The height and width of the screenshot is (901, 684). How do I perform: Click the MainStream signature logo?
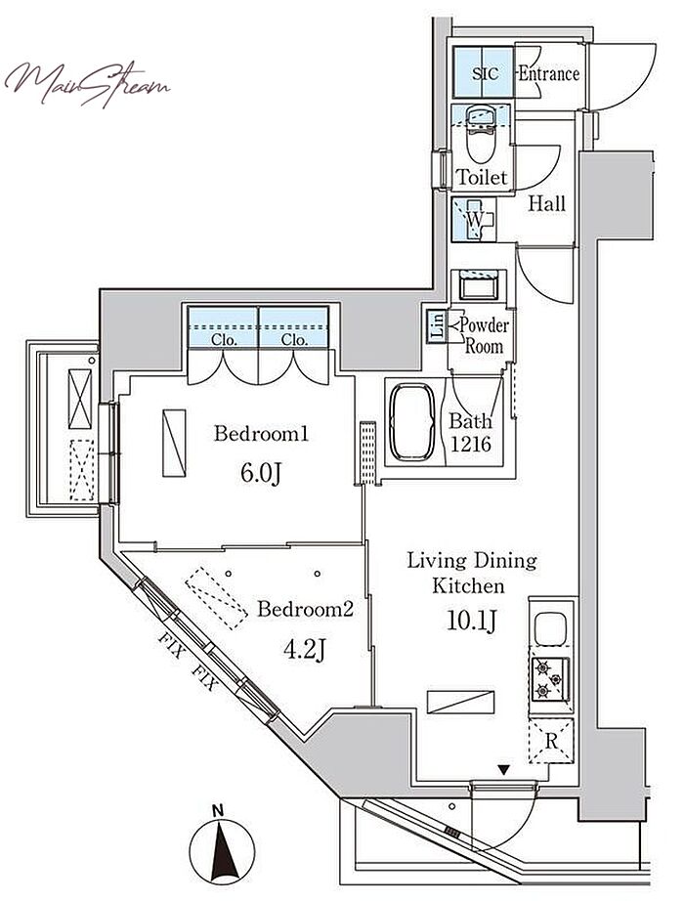tap(86, 85)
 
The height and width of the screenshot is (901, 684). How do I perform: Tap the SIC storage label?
tap(485, 73)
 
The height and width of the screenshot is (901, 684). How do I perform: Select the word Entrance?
tap(548, 73)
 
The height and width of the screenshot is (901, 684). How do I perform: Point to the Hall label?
tap(546, 203)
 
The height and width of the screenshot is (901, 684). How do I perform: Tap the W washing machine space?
tap(474, 219)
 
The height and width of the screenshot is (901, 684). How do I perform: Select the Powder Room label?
tap(484, 335)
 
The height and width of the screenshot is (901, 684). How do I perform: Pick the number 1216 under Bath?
tap(470, 444)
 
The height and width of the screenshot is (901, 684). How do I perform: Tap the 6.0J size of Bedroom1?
tap(260, 474)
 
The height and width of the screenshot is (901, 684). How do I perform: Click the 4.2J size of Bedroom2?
tap(305, 649)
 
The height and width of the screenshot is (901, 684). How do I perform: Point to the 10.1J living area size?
tap(471, 620)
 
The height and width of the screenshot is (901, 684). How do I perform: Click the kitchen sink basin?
tap(551, 628)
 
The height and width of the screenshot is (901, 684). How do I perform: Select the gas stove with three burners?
tap(550, 678)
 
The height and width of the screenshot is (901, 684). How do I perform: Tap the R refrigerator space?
tap(551, 741)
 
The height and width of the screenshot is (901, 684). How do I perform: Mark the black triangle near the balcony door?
tap(504, 770)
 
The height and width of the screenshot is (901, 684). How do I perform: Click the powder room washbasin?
tap(479, 285)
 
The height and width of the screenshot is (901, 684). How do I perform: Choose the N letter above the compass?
tap(217, 811)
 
